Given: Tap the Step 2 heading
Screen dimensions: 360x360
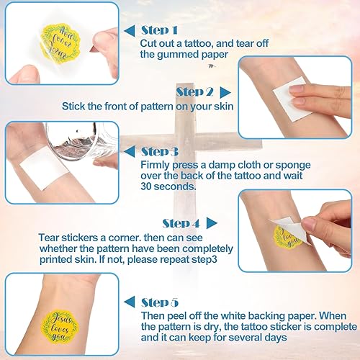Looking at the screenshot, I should tap(194, 91).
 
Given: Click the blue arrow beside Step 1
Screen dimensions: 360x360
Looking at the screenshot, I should tap(131, 31).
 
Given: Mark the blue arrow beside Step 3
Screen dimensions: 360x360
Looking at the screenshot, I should tap(131, 152).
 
